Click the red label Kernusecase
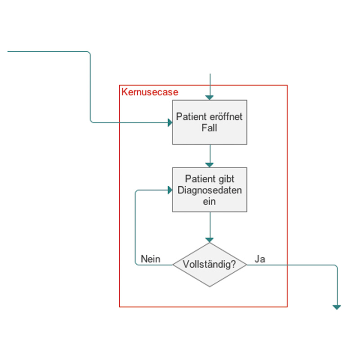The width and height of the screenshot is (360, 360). [x=150, y=92]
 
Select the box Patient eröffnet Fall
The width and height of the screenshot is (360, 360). [x=210, y=122]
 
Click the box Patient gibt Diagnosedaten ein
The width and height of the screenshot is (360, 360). [x=210, y=189]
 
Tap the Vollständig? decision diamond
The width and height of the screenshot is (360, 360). [x=210, y=265]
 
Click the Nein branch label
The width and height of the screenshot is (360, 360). [x=150, y=259]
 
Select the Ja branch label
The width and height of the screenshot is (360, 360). [x=260, y=259]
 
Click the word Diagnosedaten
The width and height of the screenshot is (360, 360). [x=210, y=190]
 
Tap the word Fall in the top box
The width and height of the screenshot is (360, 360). [x=210, y=128]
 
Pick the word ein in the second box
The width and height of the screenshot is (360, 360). [x=210, y=202]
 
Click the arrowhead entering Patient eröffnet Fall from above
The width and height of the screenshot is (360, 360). [x=210, y=98]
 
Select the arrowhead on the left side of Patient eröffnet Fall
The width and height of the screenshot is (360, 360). [x=170, y=122]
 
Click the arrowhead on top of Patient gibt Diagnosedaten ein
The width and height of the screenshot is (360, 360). [x=210, y=165]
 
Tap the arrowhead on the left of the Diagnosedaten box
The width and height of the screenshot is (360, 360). [x=170, y=190]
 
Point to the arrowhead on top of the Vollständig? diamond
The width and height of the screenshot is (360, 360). [x=210, y=240]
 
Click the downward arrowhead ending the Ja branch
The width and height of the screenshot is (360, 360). [x=337, y=307]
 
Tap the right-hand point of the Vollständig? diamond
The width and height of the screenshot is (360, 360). [x=246, y=265]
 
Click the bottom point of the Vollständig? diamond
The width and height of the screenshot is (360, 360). [x=210, y=286]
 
